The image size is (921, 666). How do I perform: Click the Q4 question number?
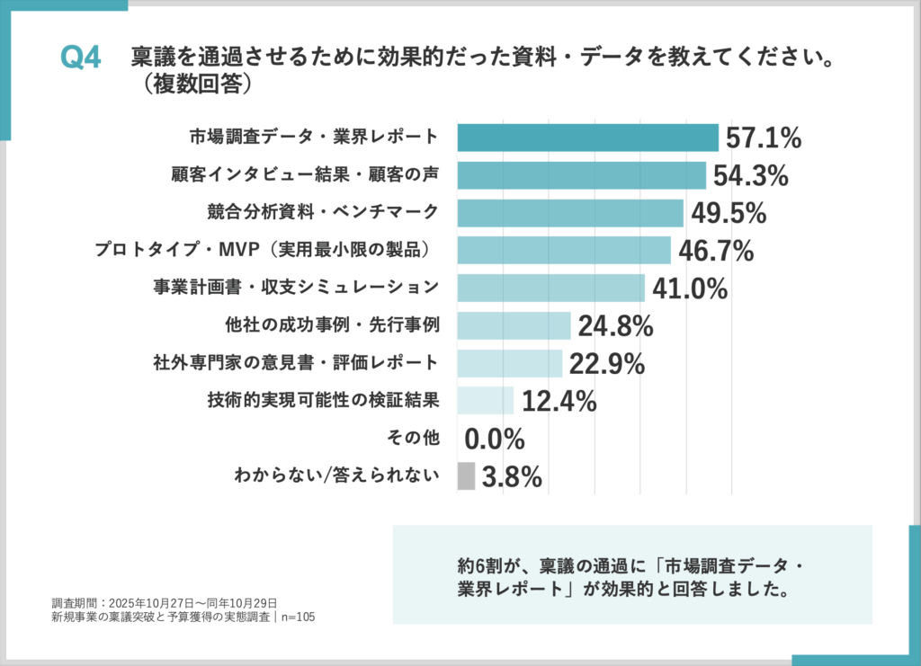pyautogui.click(x=80, y=58)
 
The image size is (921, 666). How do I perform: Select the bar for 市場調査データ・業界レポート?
pyautogui.click(x=587, y=138)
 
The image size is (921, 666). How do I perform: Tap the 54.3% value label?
pyautogui.click(x=750, y=175)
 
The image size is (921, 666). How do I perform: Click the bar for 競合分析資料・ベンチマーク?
pyautogui.click(x=570, y=213)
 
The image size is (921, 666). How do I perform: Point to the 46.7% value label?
pyautogui.click(x=716, y=251)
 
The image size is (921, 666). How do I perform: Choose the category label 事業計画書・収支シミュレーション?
pyautogui.click(x=296, y=288)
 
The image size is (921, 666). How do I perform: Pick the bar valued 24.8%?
pyautogui.click(x=514, y=325)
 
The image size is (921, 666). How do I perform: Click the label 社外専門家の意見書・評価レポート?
pyautogui.click(x=296, y=363)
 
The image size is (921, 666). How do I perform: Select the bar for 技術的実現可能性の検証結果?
pyautogui.click(x=486, y=401)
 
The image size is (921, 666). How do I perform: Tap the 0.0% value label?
pyautogui.click(x=495, y=439)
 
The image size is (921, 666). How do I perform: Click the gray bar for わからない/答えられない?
pyautogui.click(x=466, y=476)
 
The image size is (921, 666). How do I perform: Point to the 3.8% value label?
pyautogui.click(x=512, y=477)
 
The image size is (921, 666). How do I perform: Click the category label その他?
pyautogui.click(x=414, y=439)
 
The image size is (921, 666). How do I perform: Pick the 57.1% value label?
pyautogui.click(x=763, y=138)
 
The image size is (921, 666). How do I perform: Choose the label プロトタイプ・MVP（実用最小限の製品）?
pyautogui.click(x=267, y=250)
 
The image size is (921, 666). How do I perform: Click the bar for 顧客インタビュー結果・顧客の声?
pyautogui.click(x=581, y=175)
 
